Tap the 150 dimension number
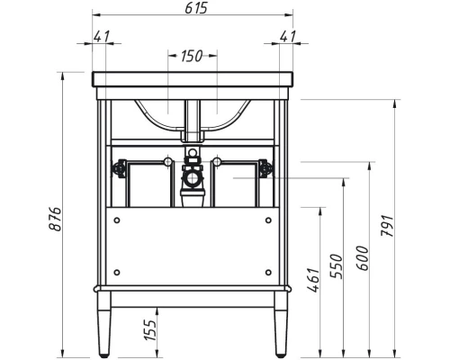click(192, 56)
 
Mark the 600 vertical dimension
click(363, 258)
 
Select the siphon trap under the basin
click(192, 180)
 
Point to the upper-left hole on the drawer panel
click(117, 219)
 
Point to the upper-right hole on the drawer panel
click(268, 219)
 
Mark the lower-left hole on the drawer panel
click(117, 272)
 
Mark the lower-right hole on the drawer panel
click(268, 272)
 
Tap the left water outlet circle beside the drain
click(167, 161)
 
